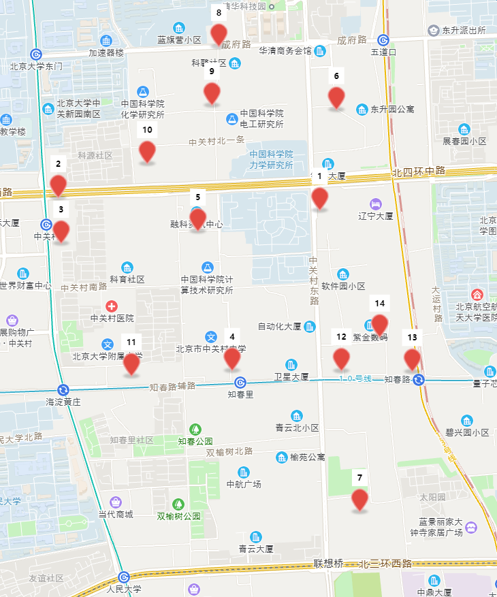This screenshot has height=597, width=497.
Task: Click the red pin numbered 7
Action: point(360,499)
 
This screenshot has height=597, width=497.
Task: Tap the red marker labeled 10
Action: point(147,151)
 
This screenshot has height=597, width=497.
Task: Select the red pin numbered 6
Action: point(336,97)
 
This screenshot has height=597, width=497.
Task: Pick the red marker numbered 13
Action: point(412,359)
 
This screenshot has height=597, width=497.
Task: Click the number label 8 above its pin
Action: point(219,12)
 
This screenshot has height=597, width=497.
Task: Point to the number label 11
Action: point(131,342)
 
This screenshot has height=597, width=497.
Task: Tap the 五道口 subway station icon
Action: point(384,40)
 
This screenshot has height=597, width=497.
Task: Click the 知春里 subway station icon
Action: point(240,383)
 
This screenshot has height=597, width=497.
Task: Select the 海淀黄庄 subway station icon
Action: point(63,390)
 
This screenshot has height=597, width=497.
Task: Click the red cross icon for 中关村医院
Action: point(112,306)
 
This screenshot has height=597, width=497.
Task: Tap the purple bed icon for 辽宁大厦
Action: point(375,204)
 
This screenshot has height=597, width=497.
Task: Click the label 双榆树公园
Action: point(179,516)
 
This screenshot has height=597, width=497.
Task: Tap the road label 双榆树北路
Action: point(229,451)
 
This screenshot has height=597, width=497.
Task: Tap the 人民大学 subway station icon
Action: point(124,577)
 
